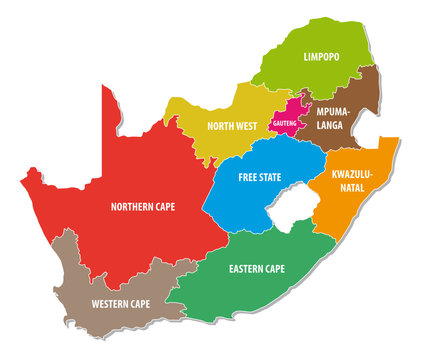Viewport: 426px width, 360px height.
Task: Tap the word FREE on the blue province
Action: click(248, 177)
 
